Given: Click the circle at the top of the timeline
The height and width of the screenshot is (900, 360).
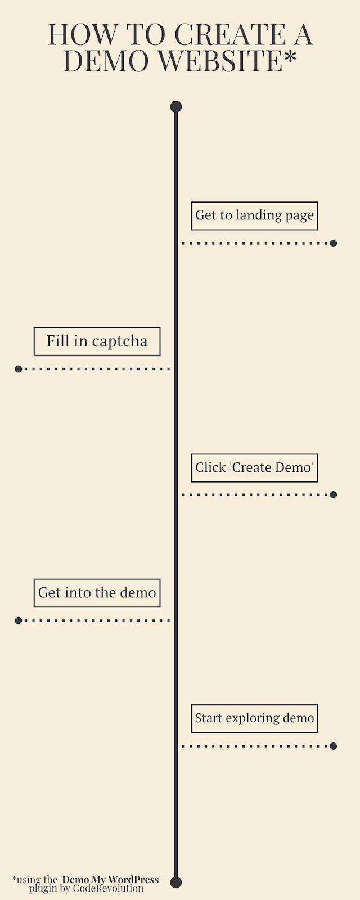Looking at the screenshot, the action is tap(176, 107).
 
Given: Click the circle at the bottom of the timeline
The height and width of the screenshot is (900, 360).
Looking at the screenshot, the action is tap(176, 883).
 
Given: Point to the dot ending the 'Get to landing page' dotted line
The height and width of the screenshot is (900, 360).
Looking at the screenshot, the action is tap(333, 243).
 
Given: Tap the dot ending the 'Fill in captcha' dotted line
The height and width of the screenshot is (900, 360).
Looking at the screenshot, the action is tap(18, 369).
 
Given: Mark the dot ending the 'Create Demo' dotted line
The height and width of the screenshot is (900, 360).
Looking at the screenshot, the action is tap(333, 494).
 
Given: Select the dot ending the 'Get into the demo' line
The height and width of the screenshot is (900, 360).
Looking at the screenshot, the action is tap(18, 620).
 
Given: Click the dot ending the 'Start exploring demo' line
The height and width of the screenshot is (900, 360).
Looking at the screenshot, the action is tap(333, 746).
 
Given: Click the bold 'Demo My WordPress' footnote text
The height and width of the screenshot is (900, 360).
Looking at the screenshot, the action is tap(110, 880).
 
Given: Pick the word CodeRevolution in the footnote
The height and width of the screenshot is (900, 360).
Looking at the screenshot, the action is tap(108, 888).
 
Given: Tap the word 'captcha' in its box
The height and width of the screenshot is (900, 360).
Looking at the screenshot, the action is tap(119, 342).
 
